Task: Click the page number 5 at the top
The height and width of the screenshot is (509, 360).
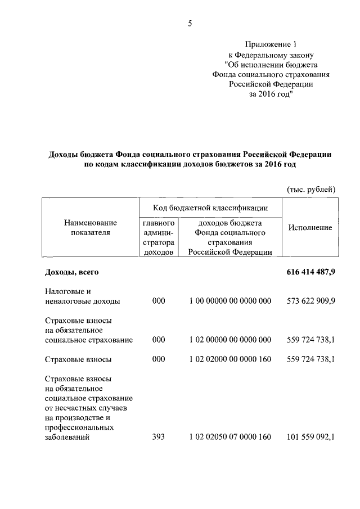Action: tap(190, 23)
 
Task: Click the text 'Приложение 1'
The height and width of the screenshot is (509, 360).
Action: tap(271, 44)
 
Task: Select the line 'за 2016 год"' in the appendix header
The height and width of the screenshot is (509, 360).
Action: tap(271, 94)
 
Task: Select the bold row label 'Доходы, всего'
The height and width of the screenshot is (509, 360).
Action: tap(72, 272)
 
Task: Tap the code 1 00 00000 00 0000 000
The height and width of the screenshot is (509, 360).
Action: tap(230, 301)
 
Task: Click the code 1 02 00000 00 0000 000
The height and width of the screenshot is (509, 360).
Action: tap(230, 340)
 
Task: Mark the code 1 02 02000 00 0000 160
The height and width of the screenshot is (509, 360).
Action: tap(230, 359)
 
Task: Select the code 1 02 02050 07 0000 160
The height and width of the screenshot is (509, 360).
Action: tap(230, 436)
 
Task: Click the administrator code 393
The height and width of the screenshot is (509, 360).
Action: tap(159, 436)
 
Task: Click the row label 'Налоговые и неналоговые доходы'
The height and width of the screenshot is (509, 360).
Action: tap(82, 296)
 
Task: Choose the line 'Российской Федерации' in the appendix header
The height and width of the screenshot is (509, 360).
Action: tap(271, 84)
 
